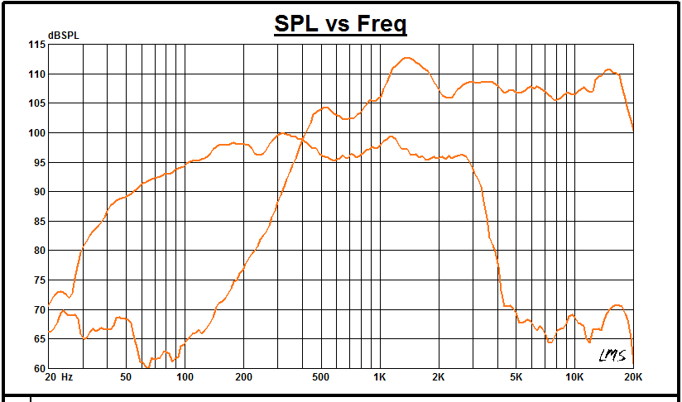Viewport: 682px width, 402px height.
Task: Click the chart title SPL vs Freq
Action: pyautogui.click(x=340, y=24)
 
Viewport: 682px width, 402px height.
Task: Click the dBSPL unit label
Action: pyautogui.click(x=63, y=35)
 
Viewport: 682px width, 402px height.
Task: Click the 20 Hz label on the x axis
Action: pyautogui.click(x=60, y=377)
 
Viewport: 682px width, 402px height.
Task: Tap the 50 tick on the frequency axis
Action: pyautogui.click(x=126, y=377)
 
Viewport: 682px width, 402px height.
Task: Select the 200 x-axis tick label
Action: pyautogui.click(x=243, y=377)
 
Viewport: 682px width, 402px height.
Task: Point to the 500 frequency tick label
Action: pyautogui.click(x=321, y=377)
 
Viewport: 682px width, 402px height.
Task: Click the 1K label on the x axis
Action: pyautogui.click(x=380, y=377)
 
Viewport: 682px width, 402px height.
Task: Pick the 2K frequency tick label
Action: pyautogui.click(x=439, y=377)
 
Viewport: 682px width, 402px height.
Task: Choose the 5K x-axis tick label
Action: pyautogui.click(x=516, y=377)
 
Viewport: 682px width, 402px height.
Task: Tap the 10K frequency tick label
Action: pyautogui.click(x=574, y=377)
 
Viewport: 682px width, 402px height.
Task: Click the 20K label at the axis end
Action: pyautogui.click(x=632, y=377)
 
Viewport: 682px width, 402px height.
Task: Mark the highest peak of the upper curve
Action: pyautogui.click(x=406, y=58)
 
